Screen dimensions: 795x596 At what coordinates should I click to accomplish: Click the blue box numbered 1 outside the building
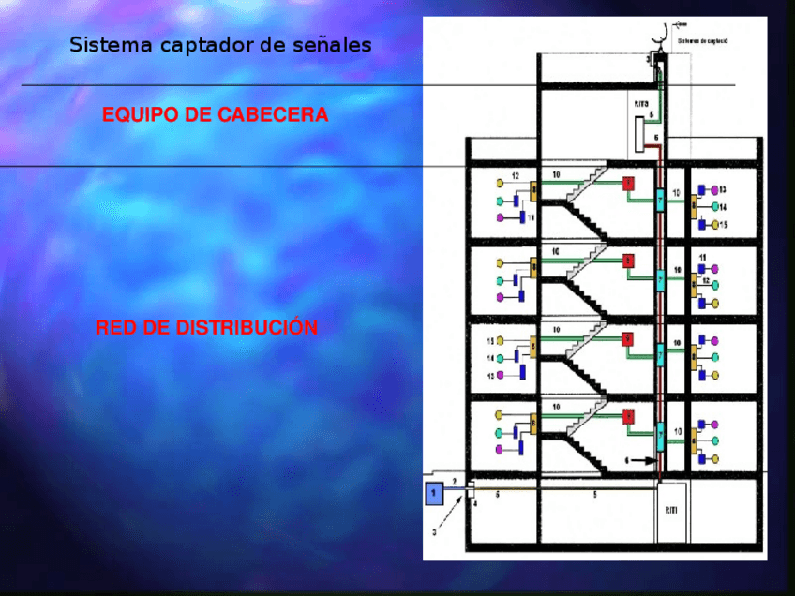coord(434,493)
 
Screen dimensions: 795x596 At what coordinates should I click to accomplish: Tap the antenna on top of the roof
coord(663,36)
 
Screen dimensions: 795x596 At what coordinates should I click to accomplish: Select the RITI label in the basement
coord(670,511)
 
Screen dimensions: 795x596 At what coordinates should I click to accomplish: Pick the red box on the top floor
coord(628,184)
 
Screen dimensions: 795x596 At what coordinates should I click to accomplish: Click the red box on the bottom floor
coord(628,416)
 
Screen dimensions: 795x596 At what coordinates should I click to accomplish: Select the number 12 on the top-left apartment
coord(515,176)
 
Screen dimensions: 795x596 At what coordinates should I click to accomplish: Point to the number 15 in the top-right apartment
coord(722,225)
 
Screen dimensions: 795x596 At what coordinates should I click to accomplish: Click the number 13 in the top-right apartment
coord(722,190)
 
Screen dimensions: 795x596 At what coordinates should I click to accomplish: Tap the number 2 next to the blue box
coord(454,481)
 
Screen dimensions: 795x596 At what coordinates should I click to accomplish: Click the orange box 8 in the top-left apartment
coord(533,192)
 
